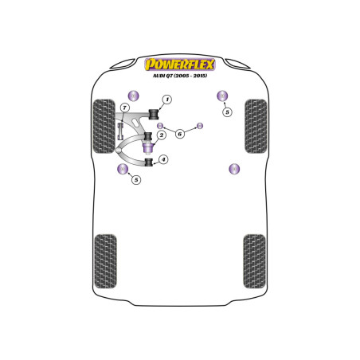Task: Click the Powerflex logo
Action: [180, 65]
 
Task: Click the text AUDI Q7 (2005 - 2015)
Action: [180, 76]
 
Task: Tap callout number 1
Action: [167, 100]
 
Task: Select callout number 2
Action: [161, 135]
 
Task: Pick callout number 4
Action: [163, 159]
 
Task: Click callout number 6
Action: [180, 134]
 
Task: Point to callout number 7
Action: [124, 108]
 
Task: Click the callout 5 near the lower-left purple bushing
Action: [136, 180]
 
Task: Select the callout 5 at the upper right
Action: [227, 112]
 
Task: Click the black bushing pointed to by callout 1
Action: [153, 114]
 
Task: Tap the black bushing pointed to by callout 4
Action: [150, 162]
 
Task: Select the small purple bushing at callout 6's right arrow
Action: [200, 126]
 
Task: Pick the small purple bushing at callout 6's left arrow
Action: [159, 126]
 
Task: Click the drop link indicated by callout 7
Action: [120, 131]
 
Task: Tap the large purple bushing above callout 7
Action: [133, 96]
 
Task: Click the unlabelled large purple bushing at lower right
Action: [234, 169]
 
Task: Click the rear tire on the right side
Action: [254, 261]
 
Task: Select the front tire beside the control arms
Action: [104, 127]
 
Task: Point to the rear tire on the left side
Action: [105, 261]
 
